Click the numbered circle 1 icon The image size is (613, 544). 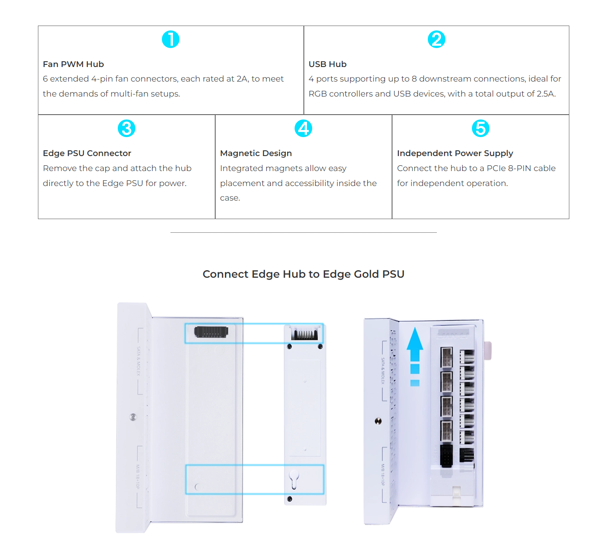click(170, 39)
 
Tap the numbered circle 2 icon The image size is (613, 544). click(436, 39)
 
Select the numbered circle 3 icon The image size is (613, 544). click(127, 128)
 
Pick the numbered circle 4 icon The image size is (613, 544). click(303, 128)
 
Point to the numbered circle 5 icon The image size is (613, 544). click(480, 128)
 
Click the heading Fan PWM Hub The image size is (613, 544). click(73, 64)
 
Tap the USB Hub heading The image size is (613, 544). click(327, 64)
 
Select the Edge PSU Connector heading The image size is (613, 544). click(87, 153)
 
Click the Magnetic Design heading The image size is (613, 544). click(256, 153)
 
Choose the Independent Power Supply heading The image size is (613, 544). click(455, 153)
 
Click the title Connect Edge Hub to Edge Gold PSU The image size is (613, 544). click(303, 274)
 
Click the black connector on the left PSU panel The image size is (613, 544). click(211, 332)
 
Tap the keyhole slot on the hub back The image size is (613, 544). click(294, 478)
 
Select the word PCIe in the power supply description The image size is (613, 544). click(496, 168)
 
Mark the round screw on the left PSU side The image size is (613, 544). click(133, 417)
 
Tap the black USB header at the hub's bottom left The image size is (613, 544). click(446, 456)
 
